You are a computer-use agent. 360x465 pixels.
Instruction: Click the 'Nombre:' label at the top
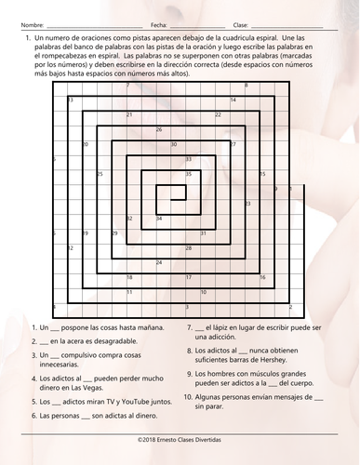coord(31,24)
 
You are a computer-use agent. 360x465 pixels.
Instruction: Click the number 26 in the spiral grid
coord(159,130)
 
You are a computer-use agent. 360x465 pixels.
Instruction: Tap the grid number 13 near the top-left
coord(71,100)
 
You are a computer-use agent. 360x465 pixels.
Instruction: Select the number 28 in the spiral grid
coord(189,247)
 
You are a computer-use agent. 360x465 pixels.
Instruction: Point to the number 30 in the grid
coord(174,145)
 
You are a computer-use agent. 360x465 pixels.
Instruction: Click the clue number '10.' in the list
coord(190,395)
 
